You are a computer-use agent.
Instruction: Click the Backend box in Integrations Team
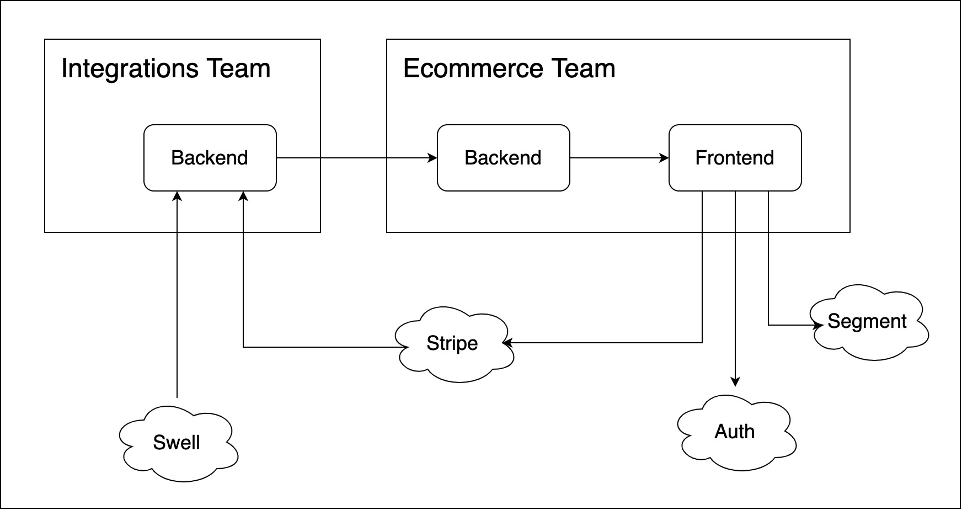pos(210,158)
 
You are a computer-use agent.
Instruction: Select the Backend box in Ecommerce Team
pos(503,158)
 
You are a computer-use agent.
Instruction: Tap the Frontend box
pos(735,158)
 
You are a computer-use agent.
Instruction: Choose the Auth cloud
pos(735,432)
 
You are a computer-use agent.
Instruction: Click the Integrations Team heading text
pos(166,69)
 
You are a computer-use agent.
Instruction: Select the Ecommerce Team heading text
pos(509,69)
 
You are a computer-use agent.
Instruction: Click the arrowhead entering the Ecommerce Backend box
pos(433,158)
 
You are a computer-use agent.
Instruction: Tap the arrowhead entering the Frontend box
pos(665,158)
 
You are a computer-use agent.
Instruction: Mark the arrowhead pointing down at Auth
pos(735,381)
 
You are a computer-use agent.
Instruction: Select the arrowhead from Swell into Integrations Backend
pos(177,196)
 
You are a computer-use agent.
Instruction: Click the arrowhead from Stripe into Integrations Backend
pos(243,196)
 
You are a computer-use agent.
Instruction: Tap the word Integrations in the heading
pos(130,69)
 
